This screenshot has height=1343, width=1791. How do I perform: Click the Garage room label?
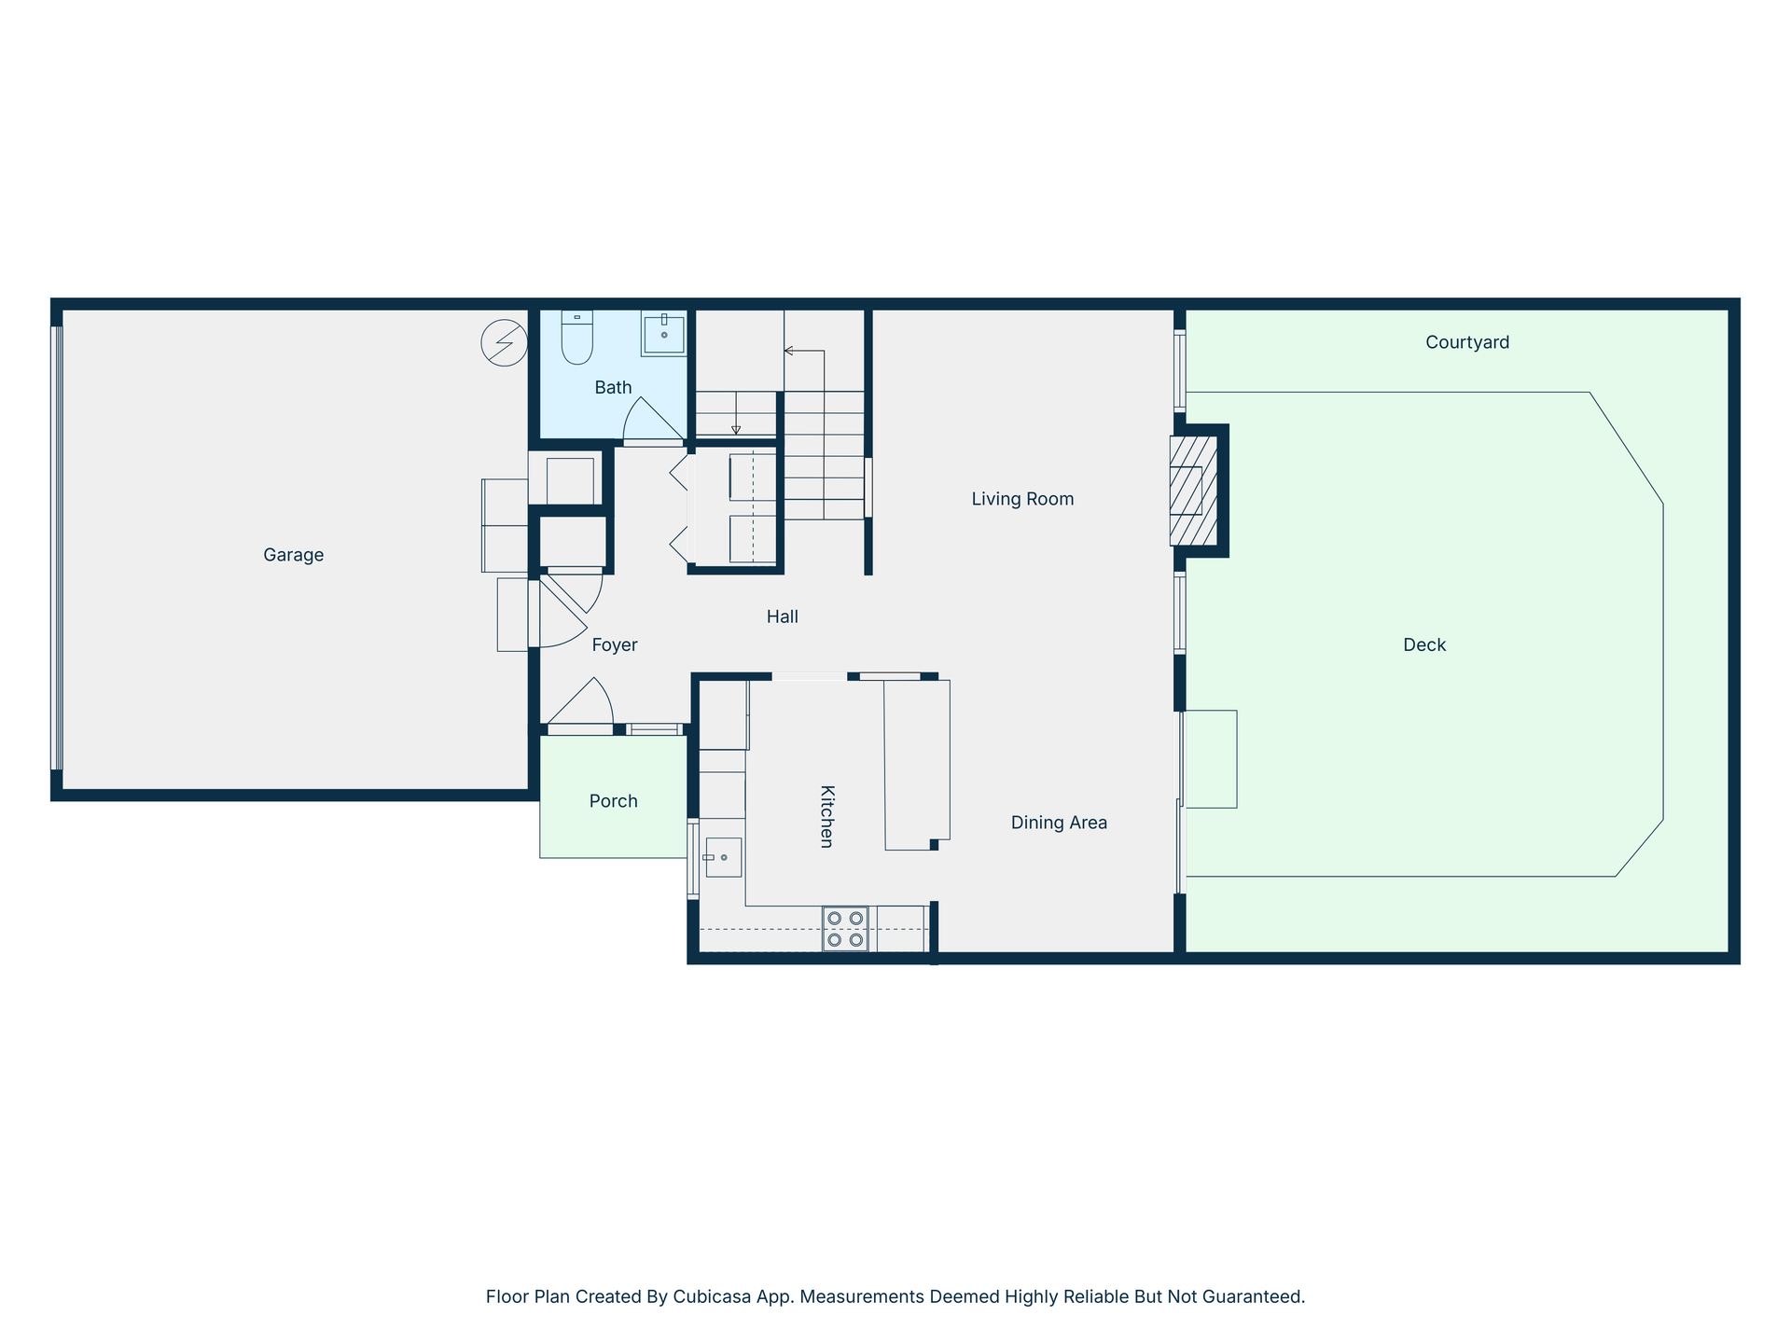(x=293, y=555)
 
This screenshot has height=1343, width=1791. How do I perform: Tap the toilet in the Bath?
(x=577, y=338)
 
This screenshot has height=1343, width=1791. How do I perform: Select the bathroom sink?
(x=663, y=334)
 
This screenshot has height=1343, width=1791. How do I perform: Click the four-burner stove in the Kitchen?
(x=845, y=929)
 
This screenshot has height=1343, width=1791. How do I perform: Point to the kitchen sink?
(x=723, y=857)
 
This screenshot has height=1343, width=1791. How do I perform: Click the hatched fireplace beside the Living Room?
(x=1194, y=491)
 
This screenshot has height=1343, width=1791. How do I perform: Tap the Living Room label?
(x=1022, y=499)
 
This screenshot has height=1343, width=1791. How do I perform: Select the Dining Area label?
(x=1059, y=823)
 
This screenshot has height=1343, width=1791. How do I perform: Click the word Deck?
(x=1424, y=644)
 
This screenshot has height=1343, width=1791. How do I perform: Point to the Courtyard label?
(x=1467, y=342)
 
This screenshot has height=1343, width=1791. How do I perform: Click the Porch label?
(x=613, y=801)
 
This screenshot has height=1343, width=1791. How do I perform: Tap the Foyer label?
(x=615, y=644)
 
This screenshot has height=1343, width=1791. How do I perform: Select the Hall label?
(x=783, y=616)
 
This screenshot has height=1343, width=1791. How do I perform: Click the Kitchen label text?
(x=826, y=816)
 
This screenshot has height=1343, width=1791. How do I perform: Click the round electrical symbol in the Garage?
(x=504, y=342)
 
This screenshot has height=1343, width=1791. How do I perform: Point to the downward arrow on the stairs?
(x=736, y=413)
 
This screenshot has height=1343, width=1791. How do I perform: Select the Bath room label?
(x=613, y=387)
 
